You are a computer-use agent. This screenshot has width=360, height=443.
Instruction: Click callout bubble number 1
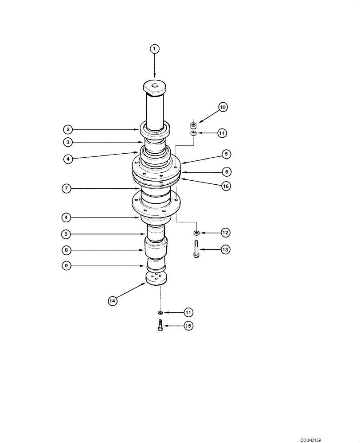(x=154, y=48)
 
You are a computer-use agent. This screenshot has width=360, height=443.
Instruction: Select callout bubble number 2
(x=67, y=129)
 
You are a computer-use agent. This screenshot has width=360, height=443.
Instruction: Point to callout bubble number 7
(x=67, y=189)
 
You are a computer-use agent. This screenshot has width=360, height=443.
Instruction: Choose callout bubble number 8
(x=67, y=250)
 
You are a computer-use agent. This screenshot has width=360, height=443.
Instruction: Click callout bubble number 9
(x=67, y=266)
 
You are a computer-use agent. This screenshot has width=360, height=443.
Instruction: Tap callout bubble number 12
(x=225, y=232)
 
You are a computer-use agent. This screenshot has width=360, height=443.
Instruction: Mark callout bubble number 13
(x=225, y=250)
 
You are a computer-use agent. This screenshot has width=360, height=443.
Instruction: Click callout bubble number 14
(x=113, y=301)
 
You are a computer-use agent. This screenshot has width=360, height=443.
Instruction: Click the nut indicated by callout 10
(x=193, y=125)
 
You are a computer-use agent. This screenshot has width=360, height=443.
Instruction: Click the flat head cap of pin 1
(x=154, y=86)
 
